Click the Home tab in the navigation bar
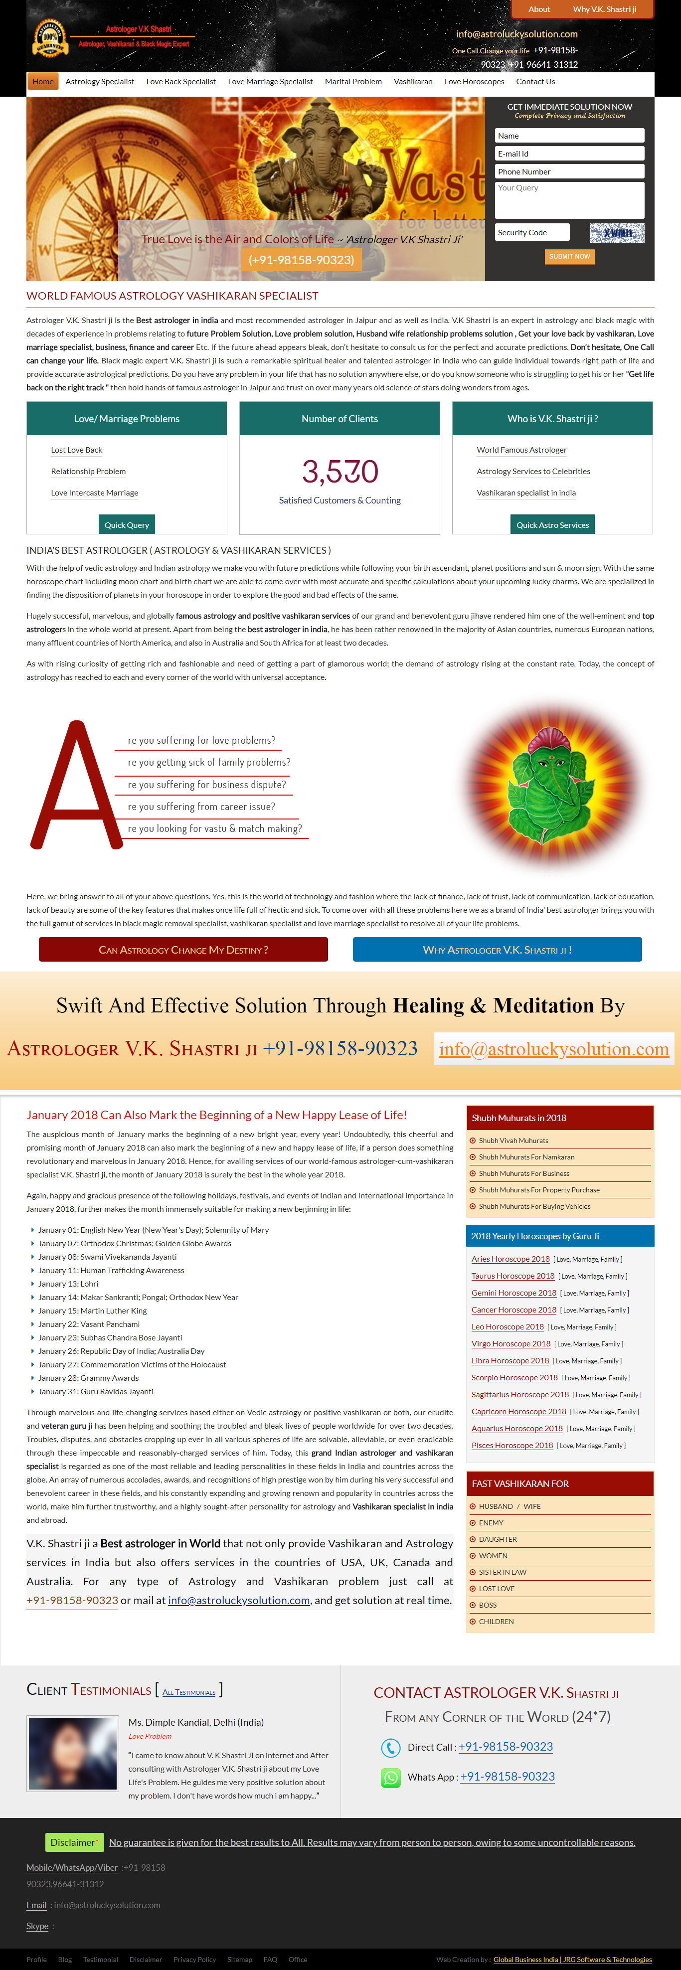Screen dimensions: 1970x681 (x=43, y=82)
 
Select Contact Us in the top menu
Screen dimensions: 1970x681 (x=535, y=82)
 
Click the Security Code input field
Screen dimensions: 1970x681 (x=532, y=232)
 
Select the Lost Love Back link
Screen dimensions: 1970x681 (x=76, y=451)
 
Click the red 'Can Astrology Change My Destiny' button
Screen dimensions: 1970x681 (x=183, y=950)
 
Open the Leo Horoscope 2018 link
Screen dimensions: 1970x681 (x=508, y=1327)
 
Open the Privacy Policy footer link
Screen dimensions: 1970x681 (x=194, y=1960)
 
